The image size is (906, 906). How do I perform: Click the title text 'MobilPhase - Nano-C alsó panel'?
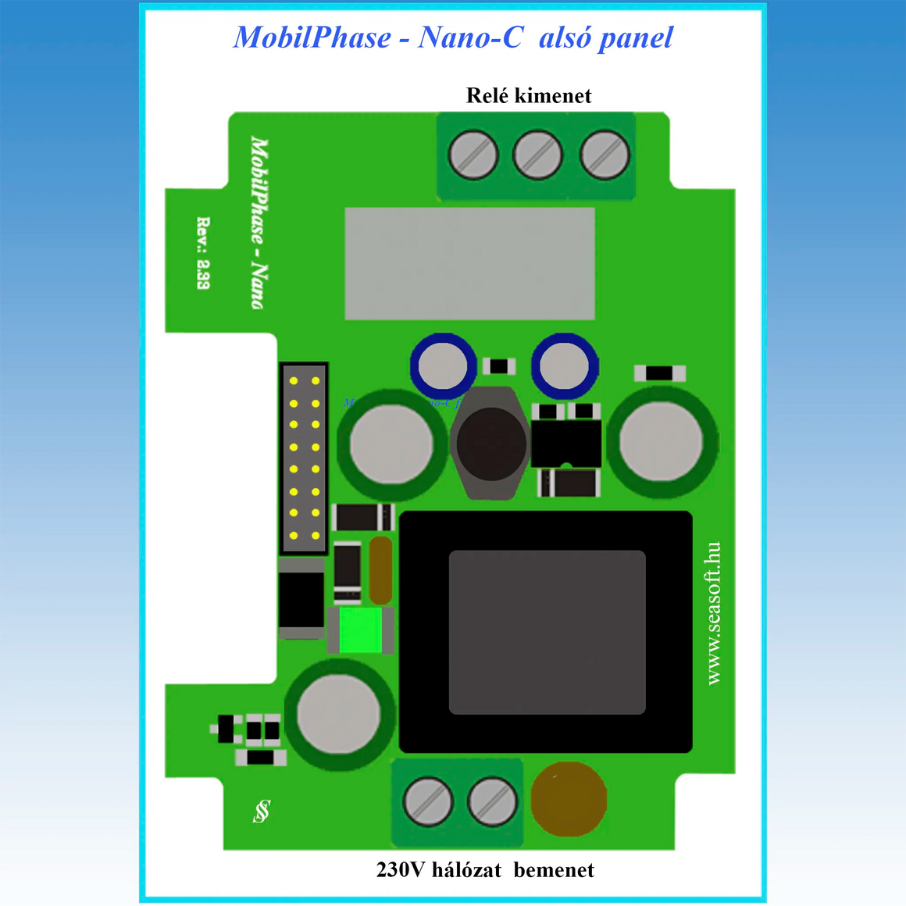453,37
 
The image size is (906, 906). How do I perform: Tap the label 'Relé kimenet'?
529,95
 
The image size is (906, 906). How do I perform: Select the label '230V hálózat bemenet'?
485,869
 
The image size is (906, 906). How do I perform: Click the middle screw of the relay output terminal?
537,155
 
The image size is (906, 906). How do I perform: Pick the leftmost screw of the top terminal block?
473,155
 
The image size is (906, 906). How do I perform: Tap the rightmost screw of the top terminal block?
605,155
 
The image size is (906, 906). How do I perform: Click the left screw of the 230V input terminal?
427,801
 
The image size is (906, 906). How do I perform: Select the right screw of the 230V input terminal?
492,801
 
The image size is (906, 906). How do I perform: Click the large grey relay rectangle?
469,263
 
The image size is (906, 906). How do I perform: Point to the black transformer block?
546,631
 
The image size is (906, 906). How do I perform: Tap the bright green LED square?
360,630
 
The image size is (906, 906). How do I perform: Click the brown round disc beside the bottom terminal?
569,799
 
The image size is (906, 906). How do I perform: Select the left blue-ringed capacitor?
443,365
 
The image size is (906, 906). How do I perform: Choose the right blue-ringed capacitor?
565,365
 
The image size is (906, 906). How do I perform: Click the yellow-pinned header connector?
304,458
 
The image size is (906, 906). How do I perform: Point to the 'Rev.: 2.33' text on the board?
203,253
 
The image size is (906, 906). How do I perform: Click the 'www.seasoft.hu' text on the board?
713,613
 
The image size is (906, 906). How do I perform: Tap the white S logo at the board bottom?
262,811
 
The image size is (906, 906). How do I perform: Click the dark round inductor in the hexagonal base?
490,444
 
